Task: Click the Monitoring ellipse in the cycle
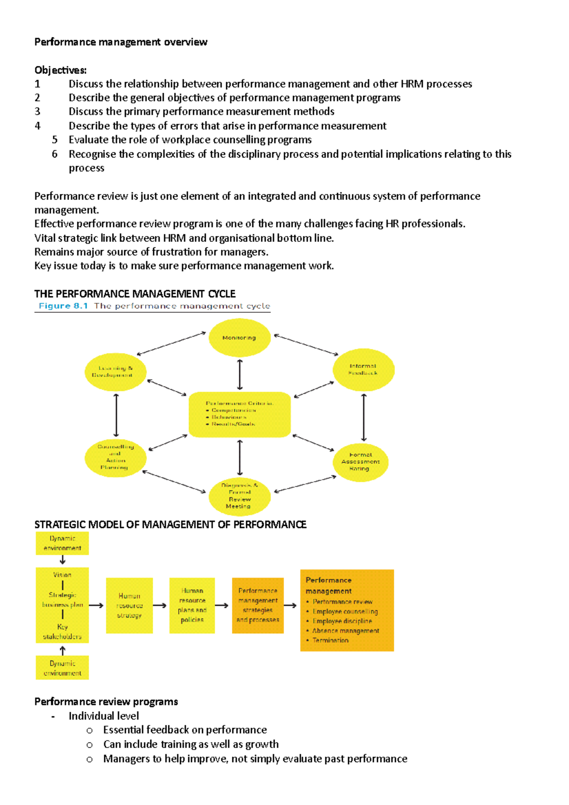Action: [239, 338]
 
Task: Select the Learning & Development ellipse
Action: [115, 372]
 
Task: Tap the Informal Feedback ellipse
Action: [363, 370]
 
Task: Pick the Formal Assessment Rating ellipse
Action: [360, 462]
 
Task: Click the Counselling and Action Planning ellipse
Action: [115, 457]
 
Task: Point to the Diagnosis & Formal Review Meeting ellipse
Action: [239, 496]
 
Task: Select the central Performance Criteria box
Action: [239, 414]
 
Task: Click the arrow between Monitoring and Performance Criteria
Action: [240, 375]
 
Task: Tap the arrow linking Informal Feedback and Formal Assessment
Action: [364, 417]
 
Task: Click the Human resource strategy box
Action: [129, 605]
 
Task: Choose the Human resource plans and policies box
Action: [192, 605]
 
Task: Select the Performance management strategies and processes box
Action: [257, 605]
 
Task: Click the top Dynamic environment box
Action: [62, 543]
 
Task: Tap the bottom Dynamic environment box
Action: [62, 668]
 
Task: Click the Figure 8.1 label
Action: [63, 306]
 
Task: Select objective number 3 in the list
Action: [202, 111]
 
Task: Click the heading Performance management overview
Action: [120, 42]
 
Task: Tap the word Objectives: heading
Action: [60, 70]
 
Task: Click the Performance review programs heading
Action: [106, 702]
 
